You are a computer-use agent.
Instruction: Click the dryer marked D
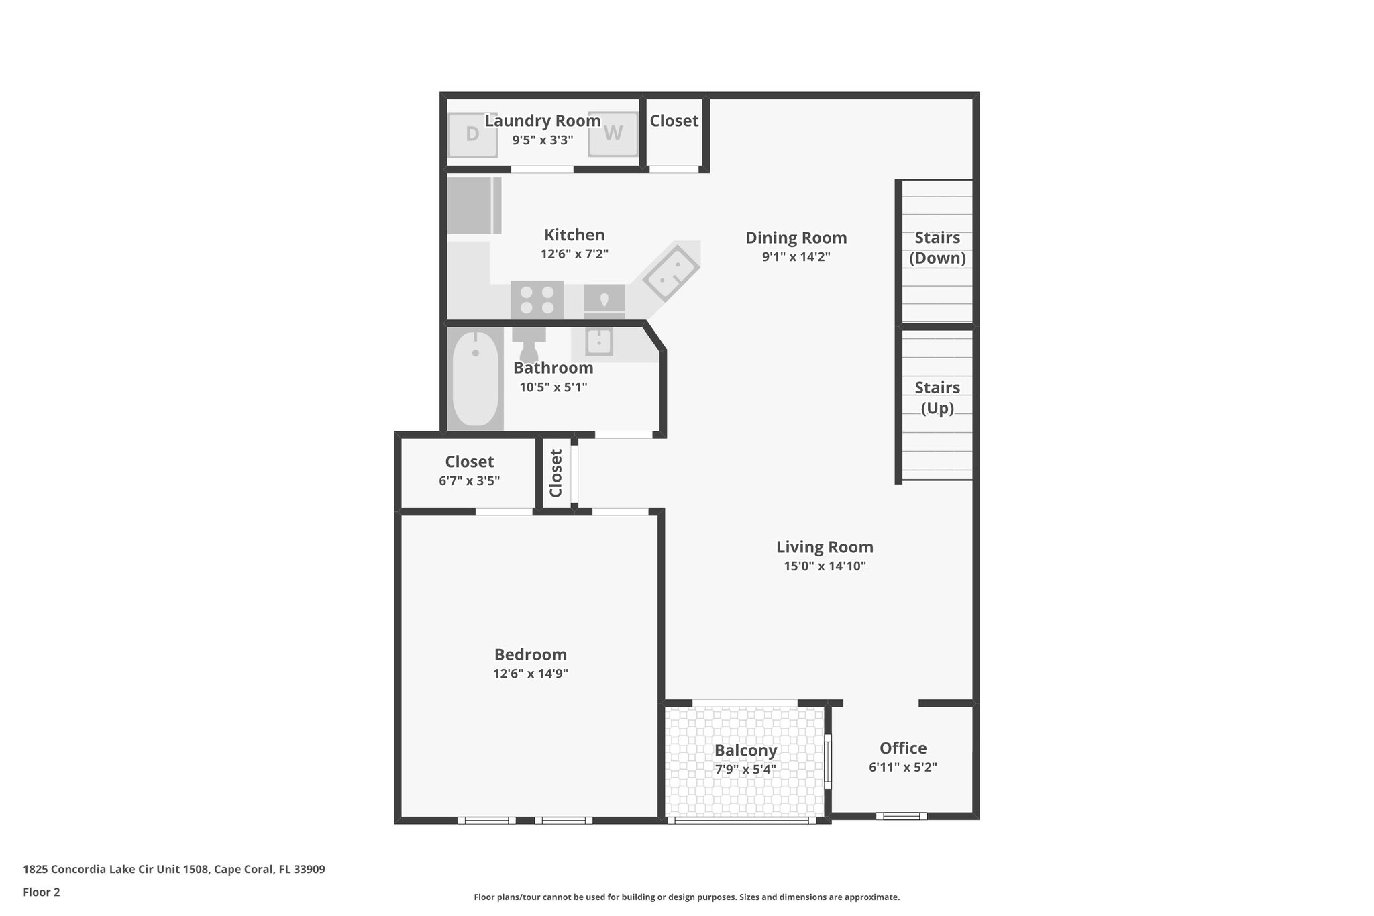tap(472, 134)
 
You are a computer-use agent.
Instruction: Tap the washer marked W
tap(613, 134)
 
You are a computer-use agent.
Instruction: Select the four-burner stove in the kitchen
tap(537, 300)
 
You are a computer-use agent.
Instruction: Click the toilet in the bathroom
tap(529, 343)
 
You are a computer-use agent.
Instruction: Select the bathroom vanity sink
tap(598, 342)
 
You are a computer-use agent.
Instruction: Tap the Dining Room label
tap(796, 238)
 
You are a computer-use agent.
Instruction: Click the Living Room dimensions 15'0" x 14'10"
tap(825, 566)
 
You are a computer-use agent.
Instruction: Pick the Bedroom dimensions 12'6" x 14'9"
tap(530, 674)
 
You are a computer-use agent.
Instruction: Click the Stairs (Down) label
tap(937, 248)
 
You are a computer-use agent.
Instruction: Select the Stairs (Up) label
tap(937, 397)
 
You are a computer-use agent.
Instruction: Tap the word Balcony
tap(745, 750)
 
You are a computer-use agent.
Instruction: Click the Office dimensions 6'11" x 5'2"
tap(902, 767)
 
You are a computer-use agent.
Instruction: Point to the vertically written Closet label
tap(556, 472)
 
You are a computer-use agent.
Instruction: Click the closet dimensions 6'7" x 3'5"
tap(469, 480)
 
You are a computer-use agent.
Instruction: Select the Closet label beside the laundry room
tap(674, 121)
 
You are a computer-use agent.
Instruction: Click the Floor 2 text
tap(42, 892)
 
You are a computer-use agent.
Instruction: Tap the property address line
tap(174, 869)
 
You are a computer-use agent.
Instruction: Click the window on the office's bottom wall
tap(901, 816)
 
